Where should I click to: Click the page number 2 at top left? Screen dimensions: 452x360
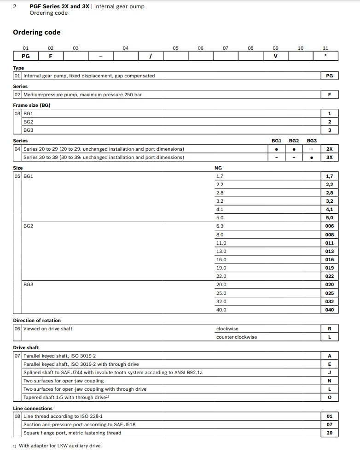[15, 6]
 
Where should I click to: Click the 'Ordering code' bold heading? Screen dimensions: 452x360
[36, 32]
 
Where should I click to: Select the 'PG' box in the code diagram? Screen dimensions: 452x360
[26, 56]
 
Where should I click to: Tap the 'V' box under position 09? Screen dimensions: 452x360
[275, 56]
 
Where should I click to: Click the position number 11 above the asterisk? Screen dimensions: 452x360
[325, 48]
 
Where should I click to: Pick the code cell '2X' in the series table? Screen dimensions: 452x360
[329, 149]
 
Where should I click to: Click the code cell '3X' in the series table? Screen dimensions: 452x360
[329, 158]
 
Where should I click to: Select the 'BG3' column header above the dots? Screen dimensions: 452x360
[312, 141]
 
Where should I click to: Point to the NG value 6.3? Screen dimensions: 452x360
[220, 226]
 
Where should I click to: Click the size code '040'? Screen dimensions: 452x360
[329, 310]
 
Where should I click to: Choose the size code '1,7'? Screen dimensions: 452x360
[329, 176]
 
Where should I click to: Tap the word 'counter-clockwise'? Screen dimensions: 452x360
[237, 337]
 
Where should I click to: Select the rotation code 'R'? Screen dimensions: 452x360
[329, 329]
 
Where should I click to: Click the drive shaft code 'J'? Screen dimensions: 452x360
[329, 372]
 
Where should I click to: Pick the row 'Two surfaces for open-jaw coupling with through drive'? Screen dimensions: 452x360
[85, 389]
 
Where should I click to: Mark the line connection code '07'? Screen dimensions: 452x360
[329, 424]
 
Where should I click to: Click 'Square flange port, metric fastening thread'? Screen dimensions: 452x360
[72, 433]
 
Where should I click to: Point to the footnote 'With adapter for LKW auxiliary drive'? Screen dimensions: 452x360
[59, 446]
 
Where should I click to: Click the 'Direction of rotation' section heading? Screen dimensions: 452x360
[37, 320]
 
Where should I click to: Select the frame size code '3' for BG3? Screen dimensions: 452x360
[329, 130]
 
